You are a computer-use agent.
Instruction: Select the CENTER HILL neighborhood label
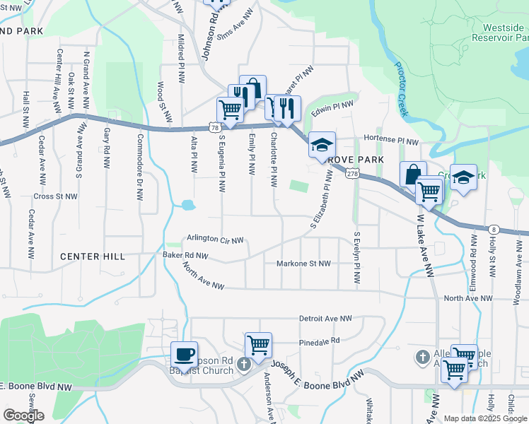pos(92,257)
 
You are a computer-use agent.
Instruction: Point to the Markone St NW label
pos(303,264)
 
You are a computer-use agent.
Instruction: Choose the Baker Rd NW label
pos(185,255)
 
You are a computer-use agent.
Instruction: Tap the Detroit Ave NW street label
pos(325,319)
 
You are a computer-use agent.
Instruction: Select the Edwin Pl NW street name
pos(332,107)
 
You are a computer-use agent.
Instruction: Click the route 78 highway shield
pos(214,126)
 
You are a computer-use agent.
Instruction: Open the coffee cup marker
pos(185,355)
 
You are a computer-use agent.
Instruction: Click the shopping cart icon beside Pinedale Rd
pos(258,346)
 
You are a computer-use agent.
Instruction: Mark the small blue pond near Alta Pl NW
pos(187,206)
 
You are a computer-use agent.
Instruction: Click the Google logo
pos(24,416)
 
